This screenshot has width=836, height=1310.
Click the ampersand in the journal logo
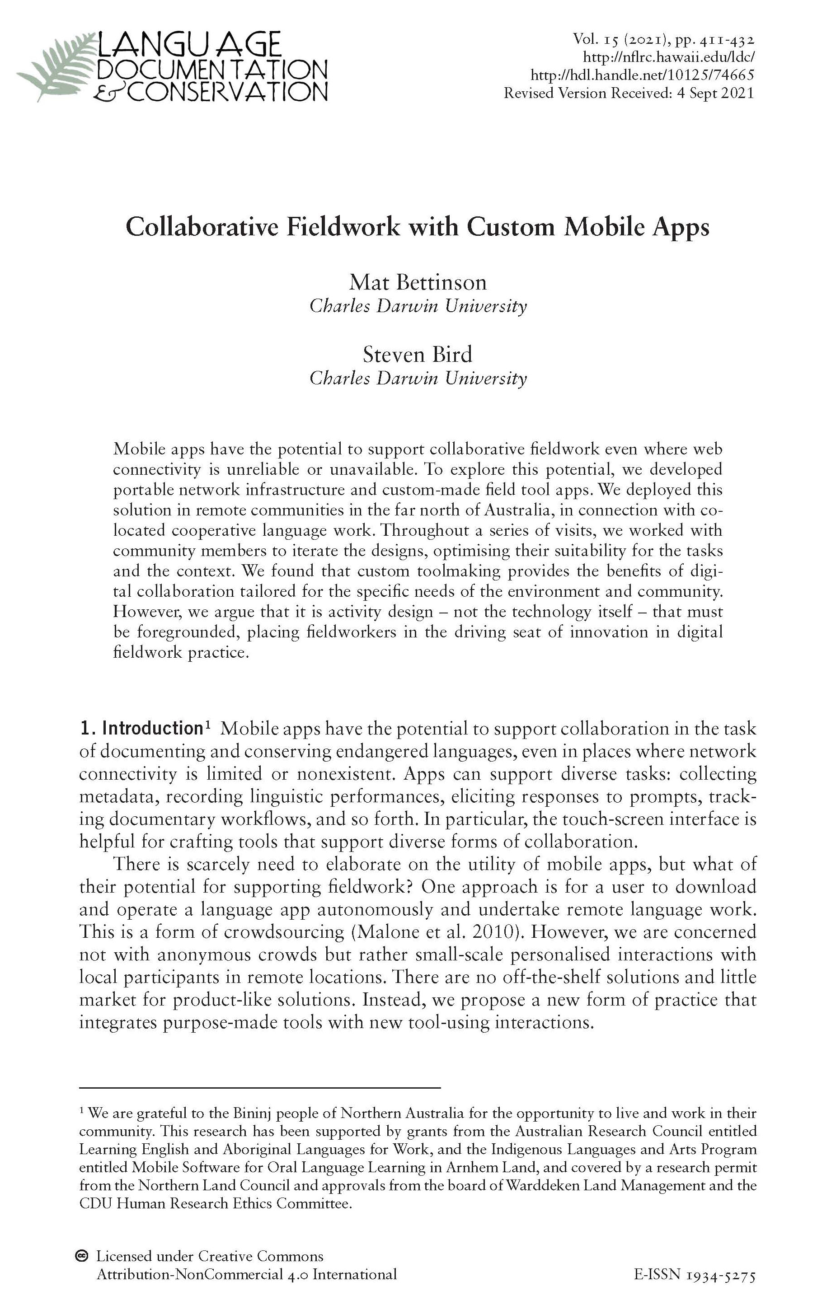point(109,93)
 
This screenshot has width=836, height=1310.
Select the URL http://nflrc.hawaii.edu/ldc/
point(668,57)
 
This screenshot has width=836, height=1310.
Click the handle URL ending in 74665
point(642,75)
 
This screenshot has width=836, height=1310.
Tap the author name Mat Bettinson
point(418,282)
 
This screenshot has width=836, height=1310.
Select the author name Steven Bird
point(418,355)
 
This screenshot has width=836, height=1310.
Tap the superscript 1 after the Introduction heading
point(207,724)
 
